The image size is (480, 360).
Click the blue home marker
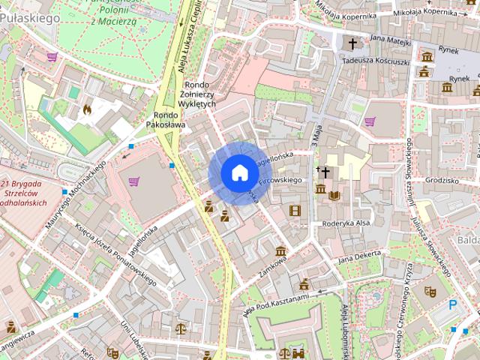pyautogui.click(x=239, y=173)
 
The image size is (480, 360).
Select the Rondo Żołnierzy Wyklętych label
pyautogui.click(x=198, y=94)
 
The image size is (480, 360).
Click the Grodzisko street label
pyautogui.click(x=441, y=181)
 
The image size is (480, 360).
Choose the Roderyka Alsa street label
pyautogui.click(x=346, y=223)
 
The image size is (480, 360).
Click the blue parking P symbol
pyautogui.click(x=452, y=304)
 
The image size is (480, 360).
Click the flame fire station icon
pyautogui.click(x=87, y=109)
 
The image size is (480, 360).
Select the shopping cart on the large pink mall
pyautogui.click(x=134, y=181)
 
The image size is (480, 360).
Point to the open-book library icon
pyautogui.click(x=334, y=196)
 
